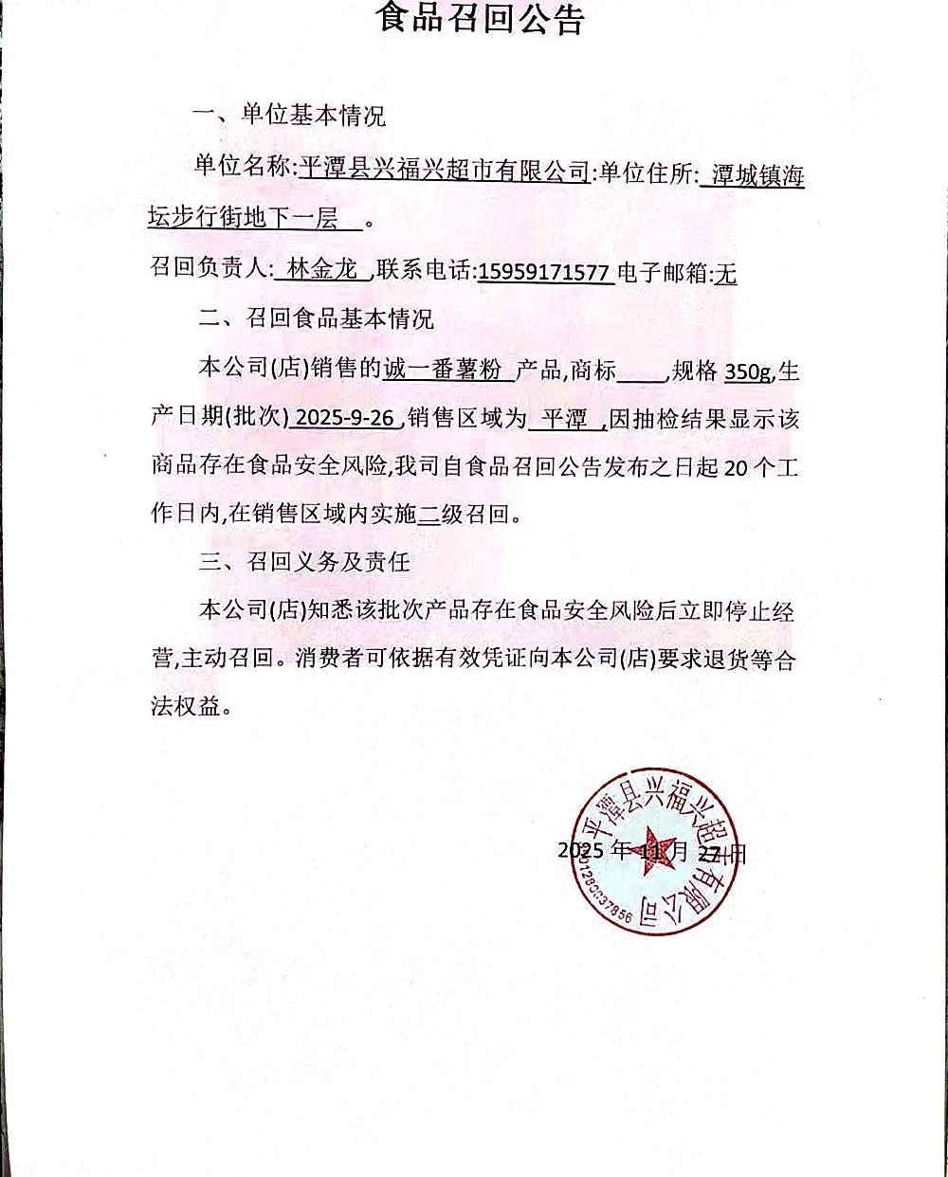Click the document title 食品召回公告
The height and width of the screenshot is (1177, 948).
pyautogui.click(x=481, y=19)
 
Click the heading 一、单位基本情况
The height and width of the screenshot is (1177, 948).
pyautogui.click(x=289, y=117)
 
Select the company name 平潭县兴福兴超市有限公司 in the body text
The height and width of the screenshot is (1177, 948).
pyautogui.click(x=444, y=171)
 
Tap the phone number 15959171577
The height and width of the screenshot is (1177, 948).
pyautogui.click(x=543, y=273)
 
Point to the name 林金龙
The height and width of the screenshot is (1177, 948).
pyautogui.click(x=321, y=270)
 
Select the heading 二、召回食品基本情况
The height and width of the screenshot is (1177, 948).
pyautogui.click(x=316, y=318)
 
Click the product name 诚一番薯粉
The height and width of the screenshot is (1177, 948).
pyautogui.click(x=443, y=370)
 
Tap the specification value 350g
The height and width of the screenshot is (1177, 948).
pyautogui.click(x=747, y=371)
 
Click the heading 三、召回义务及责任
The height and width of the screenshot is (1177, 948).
pyautogui.click(x=304, y=562)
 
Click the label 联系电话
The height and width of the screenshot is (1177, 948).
pyautogui.click(x=424, y=271)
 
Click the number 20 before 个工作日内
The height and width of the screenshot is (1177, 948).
pyautogui.click(x=736, y=467)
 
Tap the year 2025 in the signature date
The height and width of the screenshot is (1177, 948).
pyautogui.click(x=580, y=849)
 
